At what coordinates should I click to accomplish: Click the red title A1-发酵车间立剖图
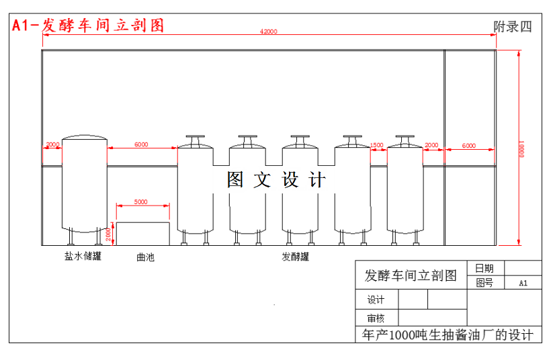(88, 26)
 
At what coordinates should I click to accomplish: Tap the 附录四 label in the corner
(512, 27)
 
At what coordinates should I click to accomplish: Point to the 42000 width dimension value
(269, 32)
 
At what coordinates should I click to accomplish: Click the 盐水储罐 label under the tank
(83, 256)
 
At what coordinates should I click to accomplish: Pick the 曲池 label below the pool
(145, 257)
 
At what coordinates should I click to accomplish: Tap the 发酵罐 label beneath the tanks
(296, 257)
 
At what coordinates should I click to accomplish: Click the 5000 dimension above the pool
(141, 201)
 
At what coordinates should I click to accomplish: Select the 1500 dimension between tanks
(377, 145)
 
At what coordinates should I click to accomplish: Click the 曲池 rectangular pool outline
(142, 234)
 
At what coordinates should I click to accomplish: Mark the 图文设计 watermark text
(276, 180)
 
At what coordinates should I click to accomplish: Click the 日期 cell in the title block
(484, 268)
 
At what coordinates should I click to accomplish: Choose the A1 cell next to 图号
(523, 283)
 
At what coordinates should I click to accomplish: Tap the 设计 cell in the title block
(376, 300)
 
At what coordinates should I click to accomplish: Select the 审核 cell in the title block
(376, 318)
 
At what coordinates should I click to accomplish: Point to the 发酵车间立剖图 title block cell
(410, 275)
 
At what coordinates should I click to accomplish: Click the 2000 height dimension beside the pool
(110, 234)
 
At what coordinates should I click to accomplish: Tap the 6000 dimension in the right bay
(469, 145)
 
